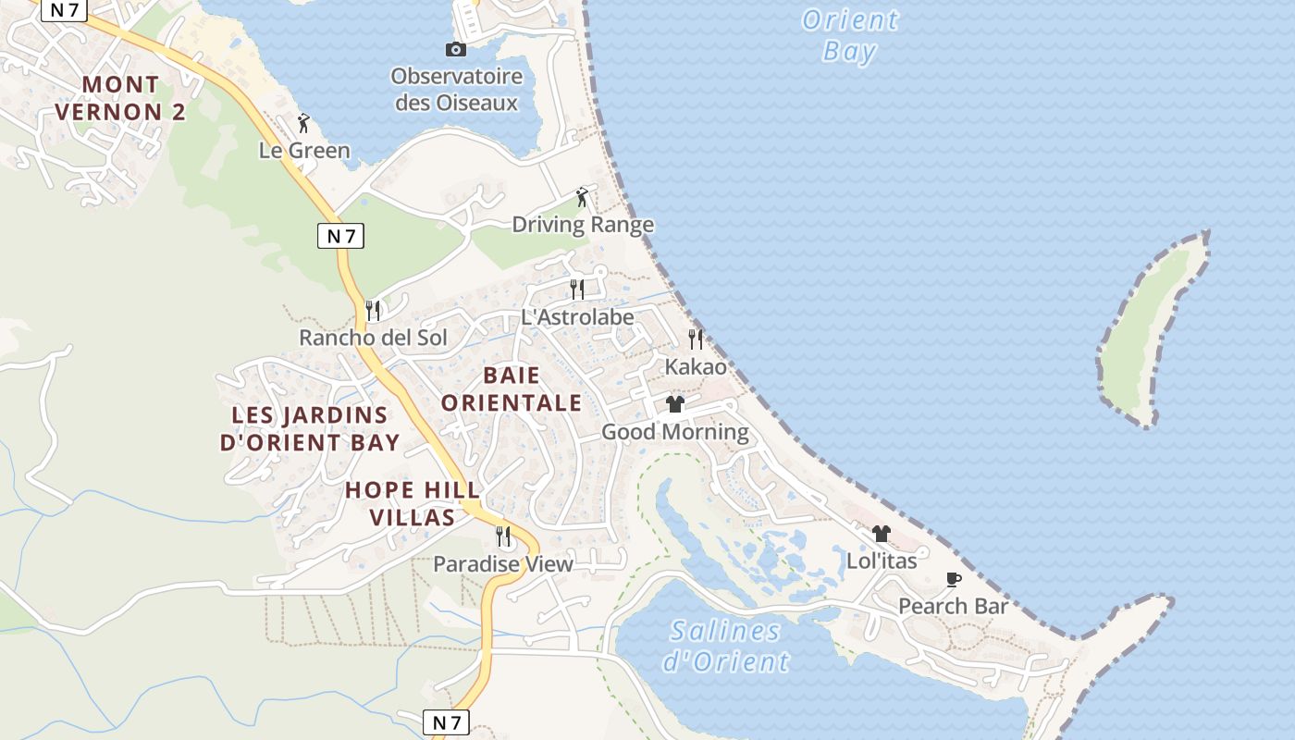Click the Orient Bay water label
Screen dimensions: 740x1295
pos(849,35)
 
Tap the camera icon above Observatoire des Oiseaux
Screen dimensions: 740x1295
pos(456,50)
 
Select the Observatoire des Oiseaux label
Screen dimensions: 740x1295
pos(456,89)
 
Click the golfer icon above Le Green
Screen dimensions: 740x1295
pos(303,122)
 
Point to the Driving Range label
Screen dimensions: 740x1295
pos(583,225)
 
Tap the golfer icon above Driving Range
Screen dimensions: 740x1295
pos(582,197)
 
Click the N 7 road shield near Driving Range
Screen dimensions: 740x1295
pos(340,236)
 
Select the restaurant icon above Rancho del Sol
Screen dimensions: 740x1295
pos(373,310)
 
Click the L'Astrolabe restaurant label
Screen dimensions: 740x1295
pos(577,317)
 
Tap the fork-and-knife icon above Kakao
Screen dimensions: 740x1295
pos(696,339)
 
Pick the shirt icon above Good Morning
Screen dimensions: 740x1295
pos(675,404)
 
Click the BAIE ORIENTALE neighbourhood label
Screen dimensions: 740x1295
pos(512,388)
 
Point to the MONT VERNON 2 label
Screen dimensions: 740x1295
pos(120,98)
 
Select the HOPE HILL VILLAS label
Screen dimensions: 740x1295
pos(413,503)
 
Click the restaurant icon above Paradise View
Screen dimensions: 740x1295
pos(503,536)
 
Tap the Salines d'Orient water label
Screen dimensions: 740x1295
pos(726,646)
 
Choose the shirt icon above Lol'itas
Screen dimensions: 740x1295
pos(882,534)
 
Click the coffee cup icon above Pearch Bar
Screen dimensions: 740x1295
pos(954,579)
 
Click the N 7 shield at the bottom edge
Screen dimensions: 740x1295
pos(447,721)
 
